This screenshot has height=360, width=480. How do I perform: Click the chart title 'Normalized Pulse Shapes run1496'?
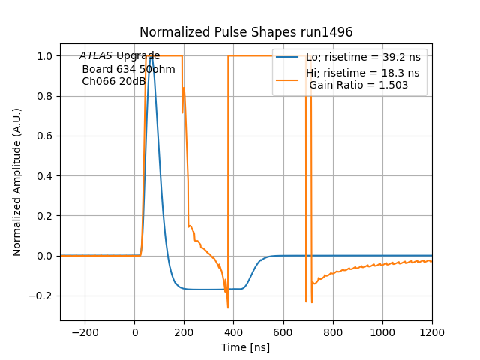tap(246, 33)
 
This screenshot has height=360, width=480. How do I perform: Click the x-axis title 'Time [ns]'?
tap(246, 347)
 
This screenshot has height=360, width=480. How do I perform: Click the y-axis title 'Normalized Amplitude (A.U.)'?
tap(17, 182)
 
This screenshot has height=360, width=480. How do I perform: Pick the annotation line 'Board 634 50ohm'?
tap(128, 69)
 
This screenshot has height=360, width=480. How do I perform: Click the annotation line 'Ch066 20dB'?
tap(113, 82)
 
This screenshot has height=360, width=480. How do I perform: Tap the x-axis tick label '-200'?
tap(85, 331)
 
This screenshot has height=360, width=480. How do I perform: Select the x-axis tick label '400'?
tap(283, 331)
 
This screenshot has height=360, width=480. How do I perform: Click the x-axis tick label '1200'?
tap(432, 331)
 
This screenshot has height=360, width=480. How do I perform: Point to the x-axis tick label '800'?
tap(333, 331)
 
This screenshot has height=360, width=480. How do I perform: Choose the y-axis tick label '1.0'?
tap(45, 56)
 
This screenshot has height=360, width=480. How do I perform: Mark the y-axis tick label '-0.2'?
tap(42, 295)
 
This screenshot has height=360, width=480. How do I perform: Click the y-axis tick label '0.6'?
tap(45, 136)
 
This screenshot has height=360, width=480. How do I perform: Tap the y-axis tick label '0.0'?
tap(45, 256)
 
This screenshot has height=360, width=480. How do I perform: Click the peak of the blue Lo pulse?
tap(151, 56)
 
